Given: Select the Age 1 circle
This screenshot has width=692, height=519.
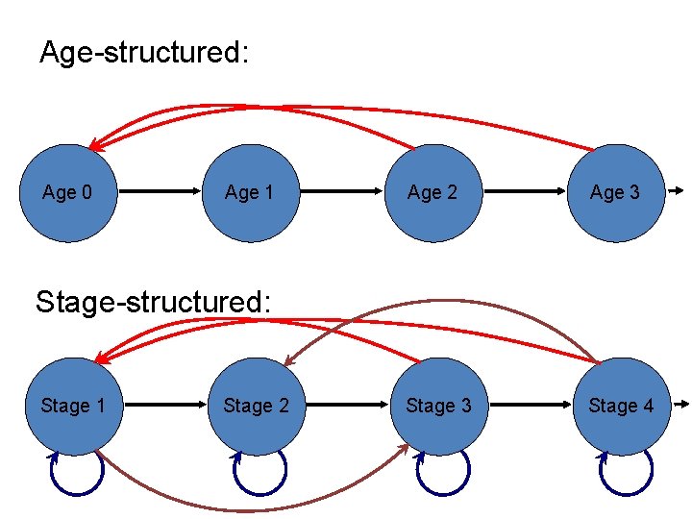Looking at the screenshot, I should tap(250, 192).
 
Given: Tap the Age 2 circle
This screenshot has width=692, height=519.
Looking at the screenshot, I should tap(432, 192).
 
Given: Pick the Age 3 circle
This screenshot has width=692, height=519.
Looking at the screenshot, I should tap(615, 192).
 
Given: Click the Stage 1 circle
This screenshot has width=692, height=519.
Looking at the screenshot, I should tap(72, 406).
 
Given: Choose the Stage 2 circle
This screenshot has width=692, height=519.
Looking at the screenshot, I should tap(256, 406).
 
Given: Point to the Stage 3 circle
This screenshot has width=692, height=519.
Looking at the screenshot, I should tap(438, 406).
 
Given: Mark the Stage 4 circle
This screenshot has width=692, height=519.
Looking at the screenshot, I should tap(621, 406).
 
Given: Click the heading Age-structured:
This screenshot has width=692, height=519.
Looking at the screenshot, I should tap(144, 53).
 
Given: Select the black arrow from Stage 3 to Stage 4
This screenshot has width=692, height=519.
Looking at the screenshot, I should tap(530, 406).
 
